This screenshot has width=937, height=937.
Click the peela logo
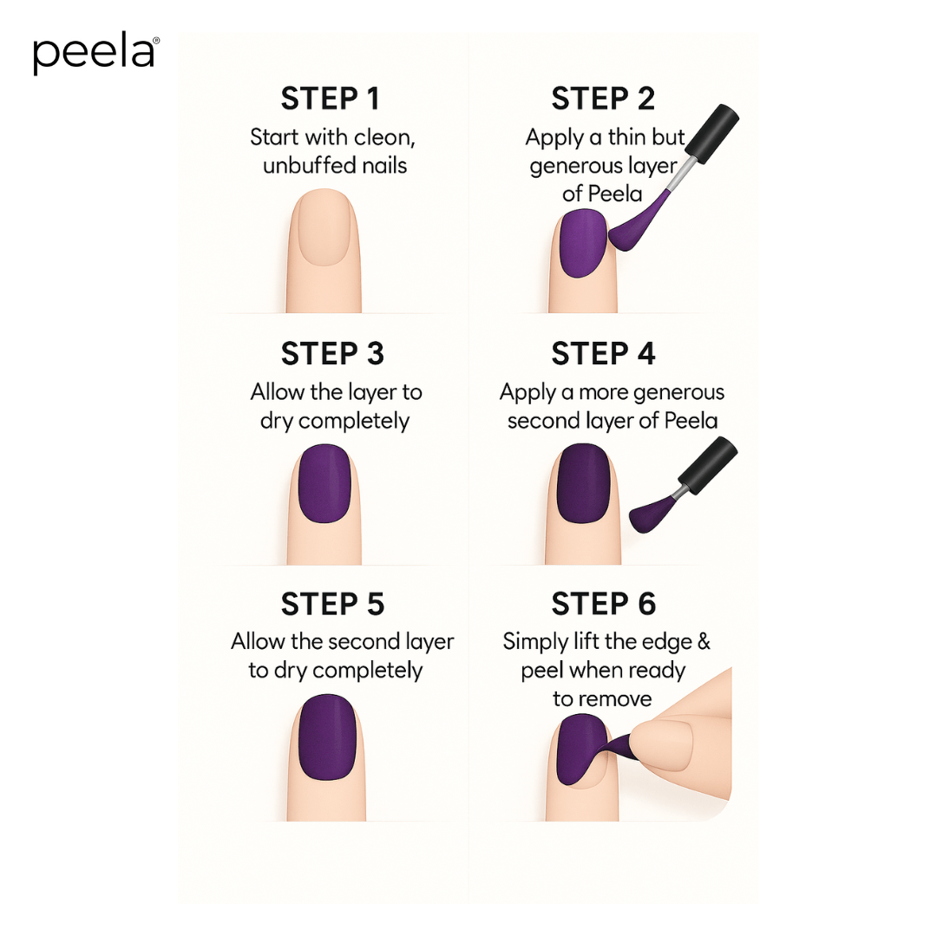pos(95,54)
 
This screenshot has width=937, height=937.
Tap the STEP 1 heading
pos(331,99)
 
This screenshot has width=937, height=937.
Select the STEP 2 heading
pos(603,99)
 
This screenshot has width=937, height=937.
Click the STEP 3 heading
pos(332,354)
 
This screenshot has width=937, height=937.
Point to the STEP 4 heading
pos(603,354)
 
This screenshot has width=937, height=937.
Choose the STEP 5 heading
pos(332,604)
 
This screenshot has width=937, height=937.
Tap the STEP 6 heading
pos(603,604)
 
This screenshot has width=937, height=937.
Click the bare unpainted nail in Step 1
pos(324,228)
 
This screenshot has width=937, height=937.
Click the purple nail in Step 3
pos(324,483)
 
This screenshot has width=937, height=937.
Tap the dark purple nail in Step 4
pos(581,483)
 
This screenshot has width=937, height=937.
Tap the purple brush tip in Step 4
pos(649,515)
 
